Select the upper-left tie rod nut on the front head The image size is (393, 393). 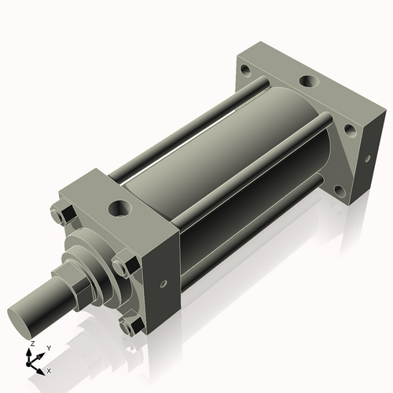[x=62, y=214]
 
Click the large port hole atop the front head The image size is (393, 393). [x=120, y=209]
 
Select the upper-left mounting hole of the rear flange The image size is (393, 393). [x=247, y=69]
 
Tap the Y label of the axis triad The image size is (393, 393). [x=48, y=347]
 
